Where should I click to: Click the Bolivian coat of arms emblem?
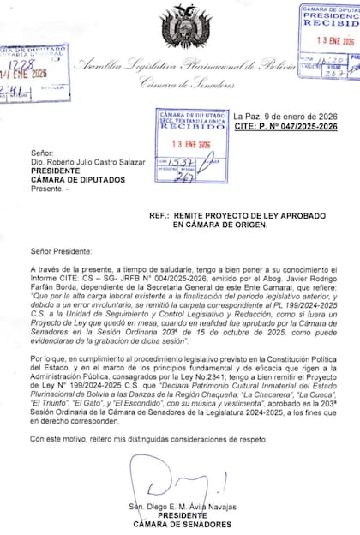pyautogui.click(x=179, y=27)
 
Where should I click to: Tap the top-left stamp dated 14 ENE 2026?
pyautogui.click(x=34, y=72)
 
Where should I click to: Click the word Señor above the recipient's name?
pyautogui.click(x=41, y=153)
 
